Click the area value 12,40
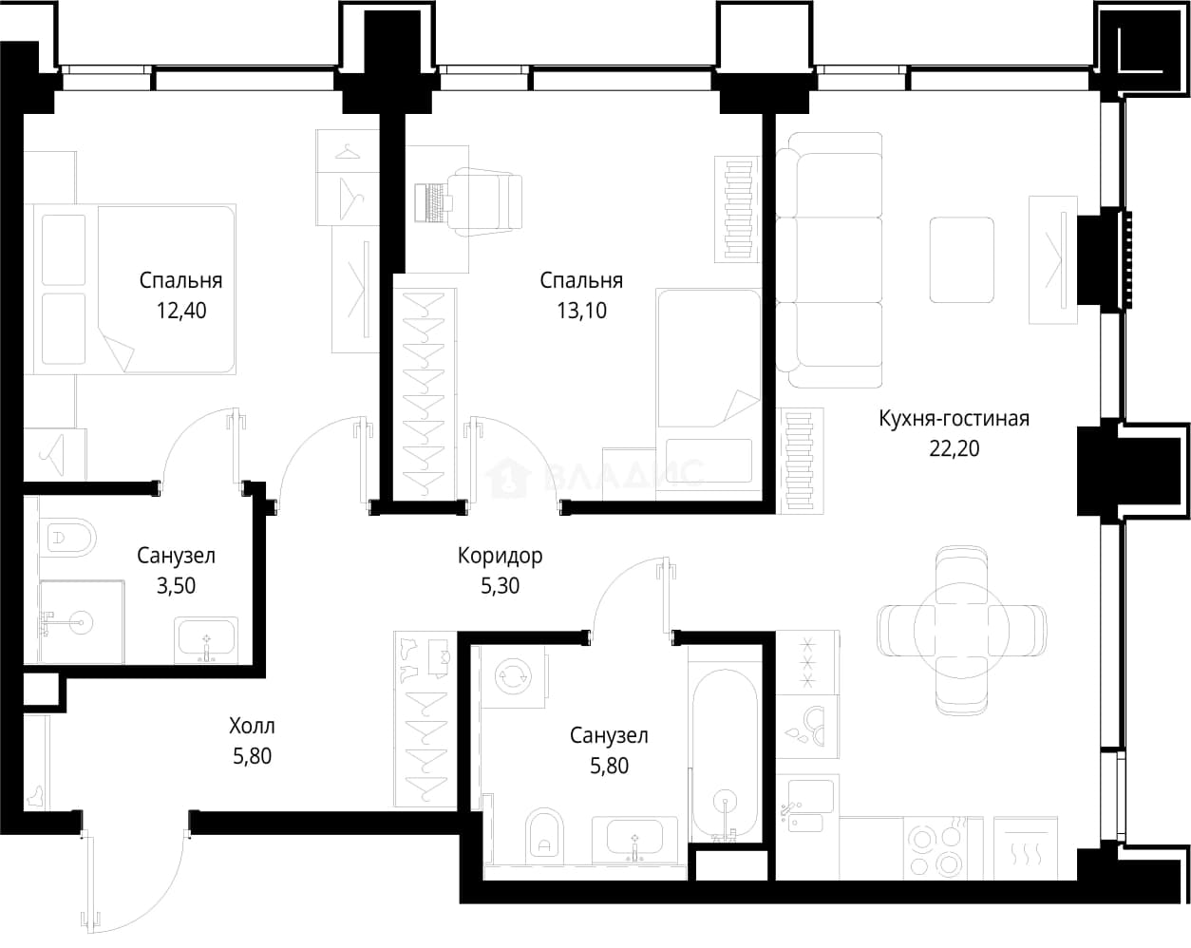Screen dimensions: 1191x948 181,311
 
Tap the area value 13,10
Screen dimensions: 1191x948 581,311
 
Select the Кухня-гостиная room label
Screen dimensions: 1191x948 955,419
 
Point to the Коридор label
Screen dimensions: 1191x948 501,556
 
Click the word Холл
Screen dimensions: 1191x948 253,726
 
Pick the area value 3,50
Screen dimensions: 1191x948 176,586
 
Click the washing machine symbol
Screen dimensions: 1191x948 513,676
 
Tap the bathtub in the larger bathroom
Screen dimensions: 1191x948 725,755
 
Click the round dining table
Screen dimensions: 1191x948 961,630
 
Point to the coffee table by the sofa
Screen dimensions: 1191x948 961,259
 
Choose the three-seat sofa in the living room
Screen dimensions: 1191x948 828,259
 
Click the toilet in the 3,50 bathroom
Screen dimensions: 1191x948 68,538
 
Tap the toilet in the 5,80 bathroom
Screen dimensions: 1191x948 545,836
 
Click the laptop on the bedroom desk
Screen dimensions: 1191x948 433,202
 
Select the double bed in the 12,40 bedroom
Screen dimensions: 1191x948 135,289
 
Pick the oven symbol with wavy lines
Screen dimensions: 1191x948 1026,848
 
